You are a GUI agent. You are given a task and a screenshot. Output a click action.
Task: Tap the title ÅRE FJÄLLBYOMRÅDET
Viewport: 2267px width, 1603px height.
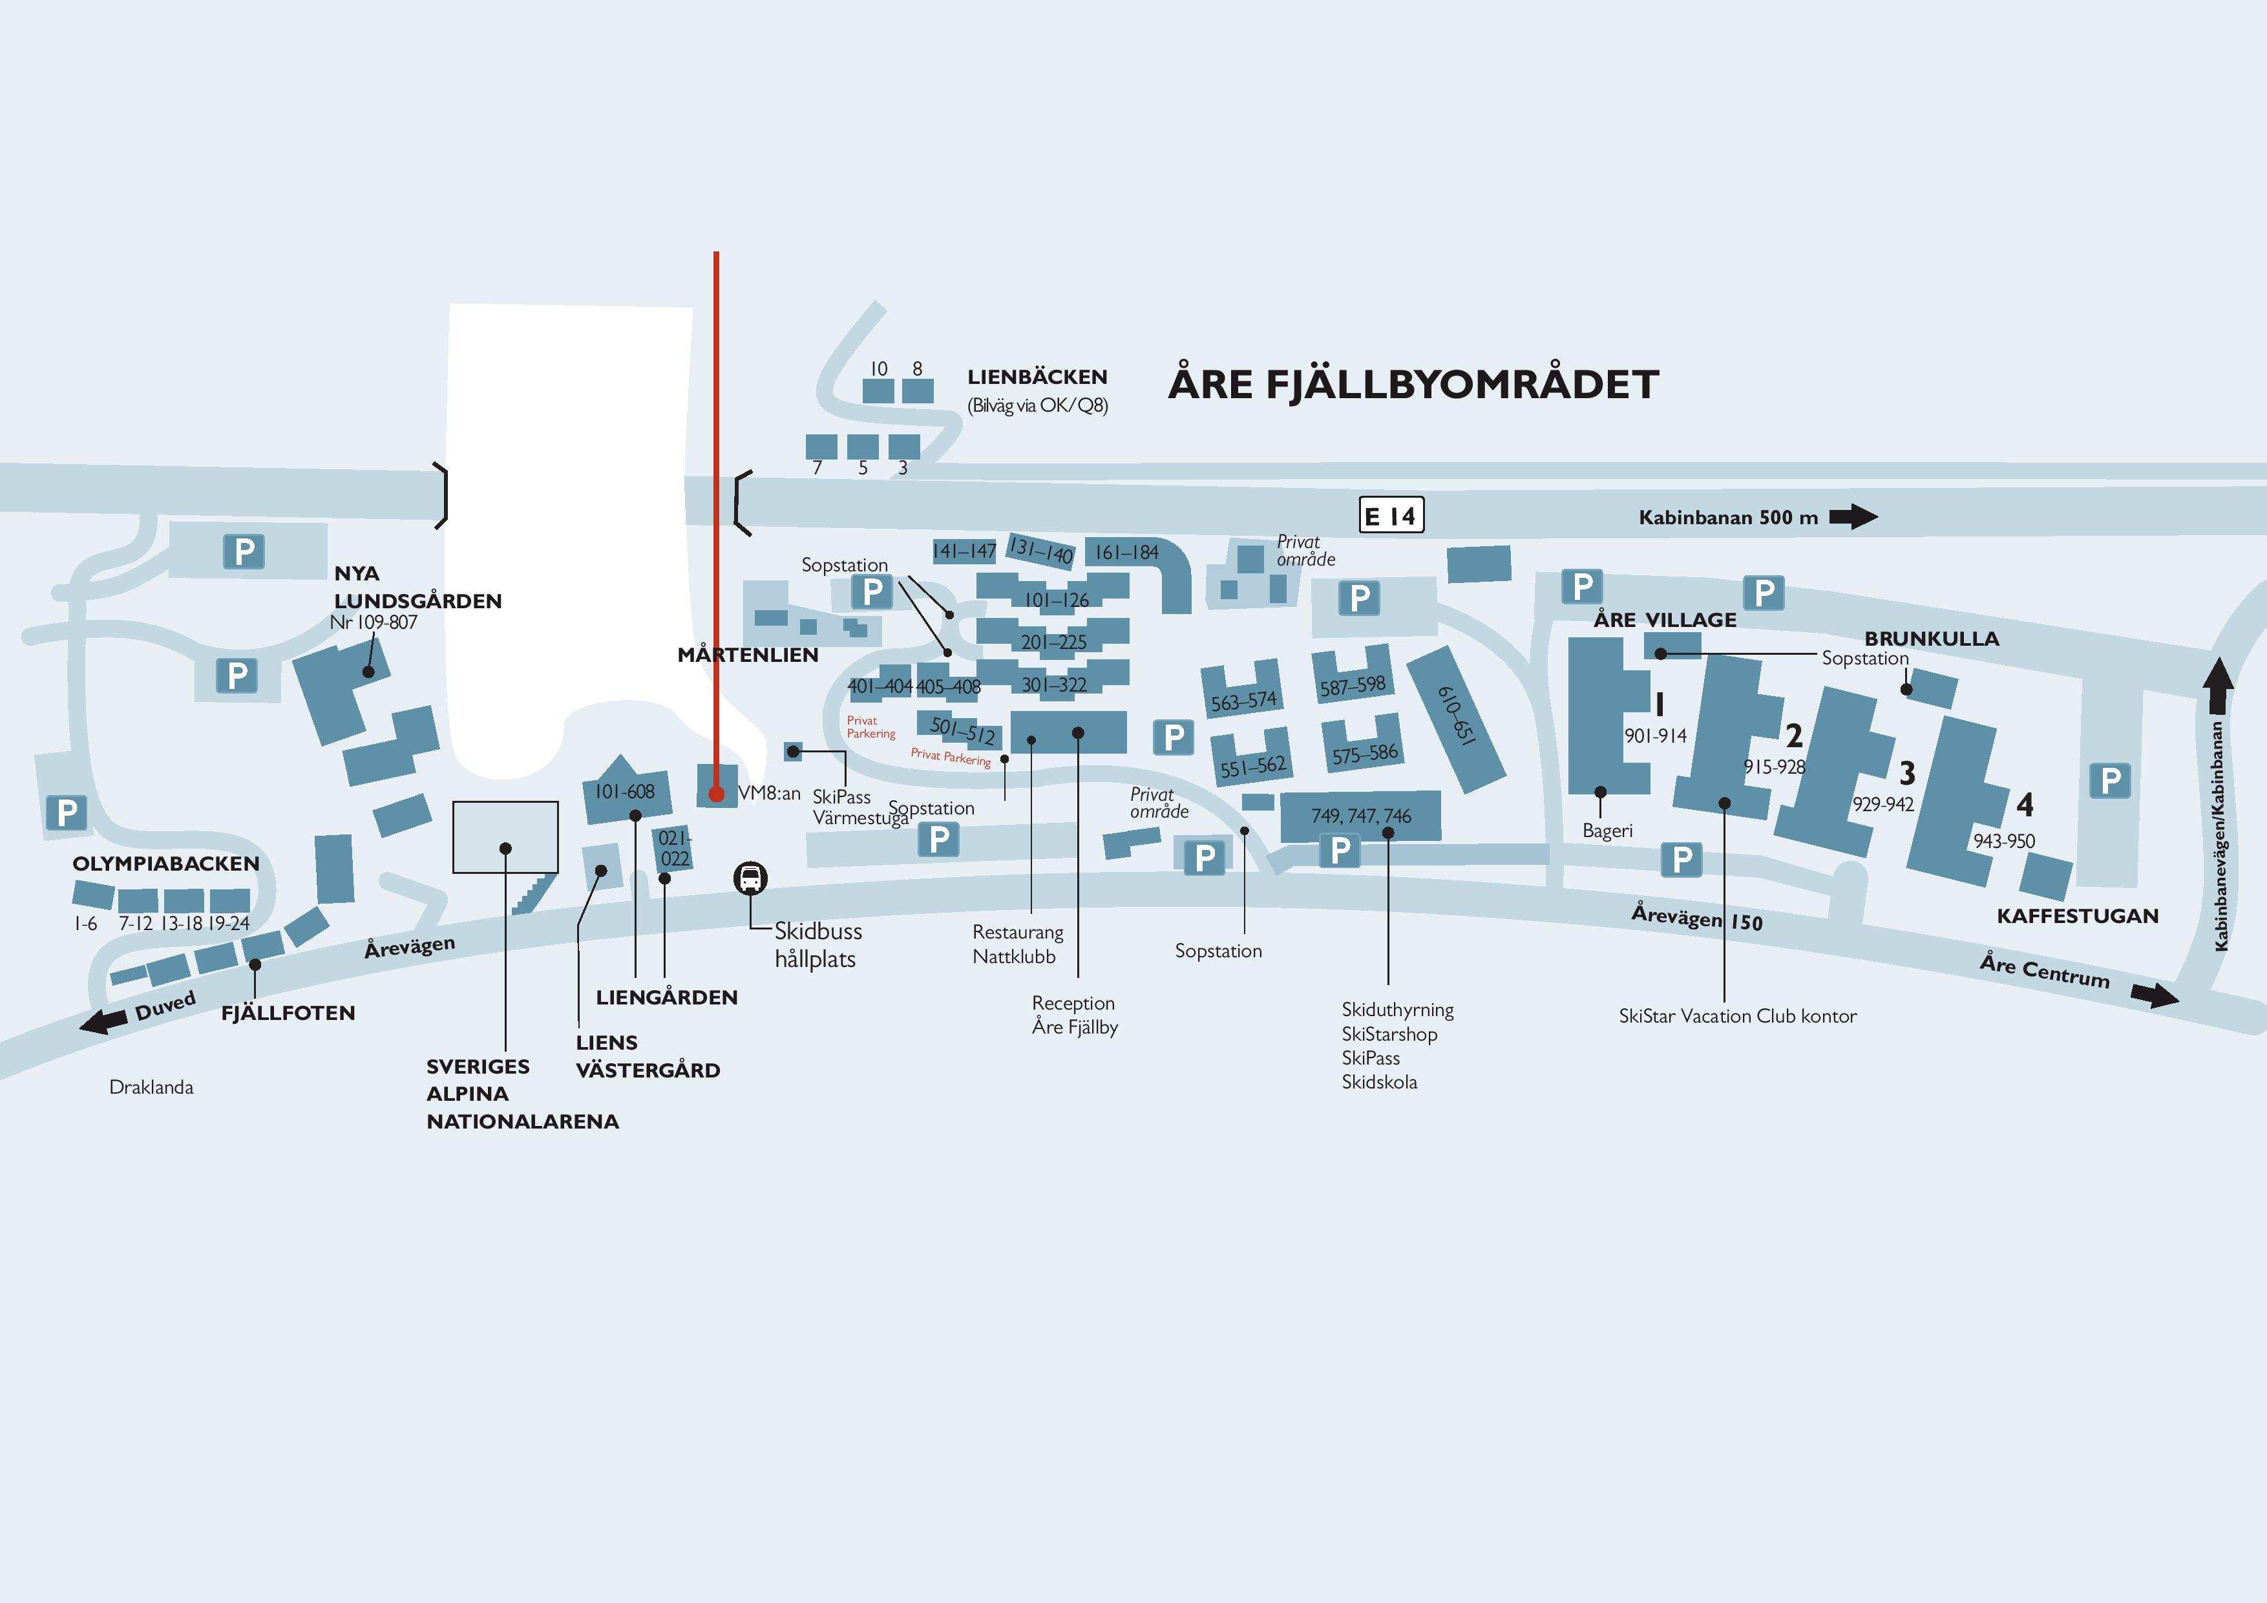tap(1413, 384)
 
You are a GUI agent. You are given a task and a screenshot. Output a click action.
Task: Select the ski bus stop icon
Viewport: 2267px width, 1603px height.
tap(750, 877)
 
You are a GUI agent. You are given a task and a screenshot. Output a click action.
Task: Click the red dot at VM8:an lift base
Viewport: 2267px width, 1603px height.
tap(716, 793)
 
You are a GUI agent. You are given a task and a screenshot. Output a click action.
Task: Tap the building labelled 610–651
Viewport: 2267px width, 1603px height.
tap(1455, 718)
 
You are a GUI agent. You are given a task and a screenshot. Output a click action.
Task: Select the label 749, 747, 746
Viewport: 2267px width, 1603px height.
tap(1360, 816)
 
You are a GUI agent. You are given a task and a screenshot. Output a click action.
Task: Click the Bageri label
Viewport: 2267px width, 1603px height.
tap(1607, 831)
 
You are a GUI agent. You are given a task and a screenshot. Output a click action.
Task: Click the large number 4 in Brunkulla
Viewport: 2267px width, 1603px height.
tap(2024, 805)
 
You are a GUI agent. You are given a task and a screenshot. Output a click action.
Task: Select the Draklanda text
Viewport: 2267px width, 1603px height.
tap(151, 1087)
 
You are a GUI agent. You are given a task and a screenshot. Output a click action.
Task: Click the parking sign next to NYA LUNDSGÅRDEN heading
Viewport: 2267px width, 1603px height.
tap(244, 551)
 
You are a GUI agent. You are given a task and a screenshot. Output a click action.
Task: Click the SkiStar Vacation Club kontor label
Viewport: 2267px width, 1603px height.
tap(1737, 1015)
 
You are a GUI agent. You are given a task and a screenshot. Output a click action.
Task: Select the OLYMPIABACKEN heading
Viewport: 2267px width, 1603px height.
tap(166, 864)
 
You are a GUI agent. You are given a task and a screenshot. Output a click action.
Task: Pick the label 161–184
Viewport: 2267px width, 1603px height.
tap(1126, 552)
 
